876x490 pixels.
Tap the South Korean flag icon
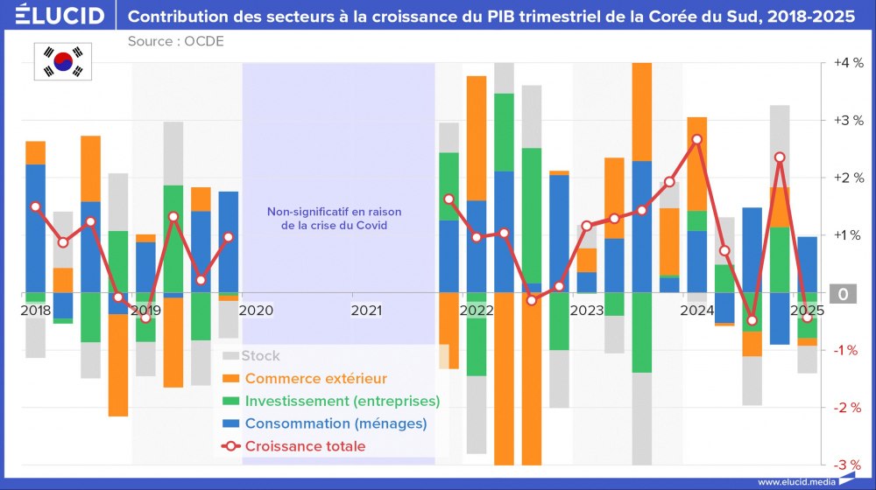click(63, 61)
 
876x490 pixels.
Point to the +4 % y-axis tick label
click(847, 63)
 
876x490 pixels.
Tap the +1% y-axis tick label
click(847, 235)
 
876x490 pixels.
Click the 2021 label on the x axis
click(366, 310)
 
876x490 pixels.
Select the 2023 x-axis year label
click(587, 310)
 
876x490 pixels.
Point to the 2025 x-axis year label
click(807, 310)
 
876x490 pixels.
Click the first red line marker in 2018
click(36, 206)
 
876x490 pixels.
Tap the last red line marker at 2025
click(807, 318)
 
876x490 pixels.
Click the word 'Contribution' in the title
click(180, 16)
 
